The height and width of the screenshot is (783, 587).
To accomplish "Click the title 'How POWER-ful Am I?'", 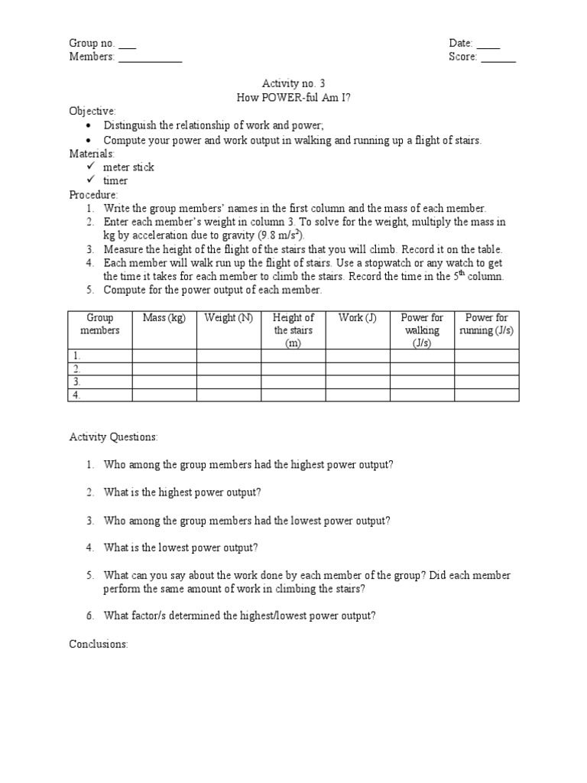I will (293, 97).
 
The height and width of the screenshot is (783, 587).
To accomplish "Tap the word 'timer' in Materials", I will (115, 180).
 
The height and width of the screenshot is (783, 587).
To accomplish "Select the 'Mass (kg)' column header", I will (164, 318).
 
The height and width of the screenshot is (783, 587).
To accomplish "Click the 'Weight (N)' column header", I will (229, 318).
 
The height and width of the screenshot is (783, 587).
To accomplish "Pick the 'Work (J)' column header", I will (358, 318).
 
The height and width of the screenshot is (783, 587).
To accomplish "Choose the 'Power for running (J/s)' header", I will (487, 324).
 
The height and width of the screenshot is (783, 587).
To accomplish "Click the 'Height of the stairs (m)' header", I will (293, 330).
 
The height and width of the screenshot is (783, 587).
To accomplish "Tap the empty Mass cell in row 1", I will (164, 356).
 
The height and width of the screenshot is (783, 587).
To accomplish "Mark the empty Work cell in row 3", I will (358, 382).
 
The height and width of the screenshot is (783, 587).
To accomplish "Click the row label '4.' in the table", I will (76, 395).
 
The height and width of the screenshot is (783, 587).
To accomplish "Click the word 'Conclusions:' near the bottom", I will (99, 645).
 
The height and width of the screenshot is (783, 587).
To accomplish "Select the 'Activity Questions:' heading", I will (114, 437).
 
